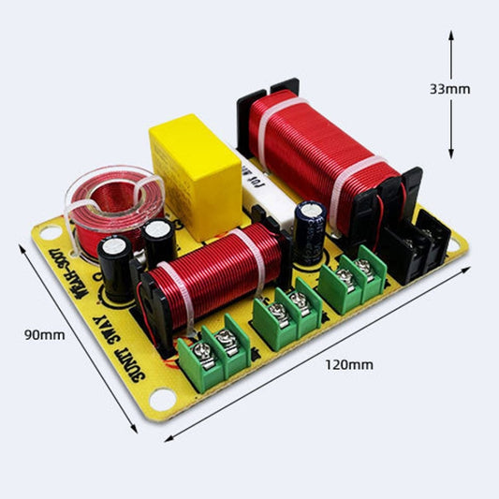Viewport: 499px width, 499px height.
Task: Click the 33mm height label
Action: click(449, 89)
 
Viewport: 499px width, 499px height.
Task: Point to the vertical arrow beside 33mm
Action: click(452, 131)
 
